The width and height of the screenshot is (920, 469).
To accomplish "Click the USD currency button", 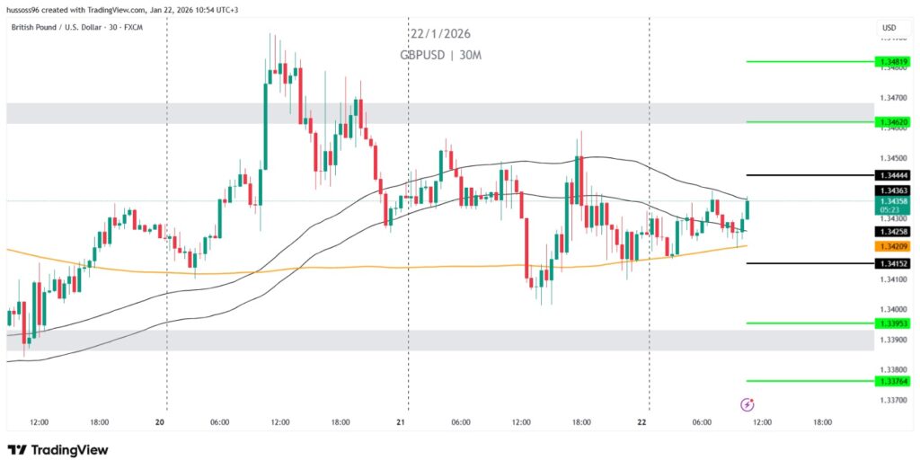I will (889, 29).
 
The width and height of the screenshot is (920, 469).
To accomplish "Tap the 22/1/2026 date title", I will (440, 34).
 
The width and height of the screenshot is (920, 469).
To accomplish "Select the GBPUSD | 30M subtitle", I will (440, 55).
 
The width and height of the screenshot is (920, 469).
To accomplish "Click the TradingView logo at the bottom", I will (57, 449).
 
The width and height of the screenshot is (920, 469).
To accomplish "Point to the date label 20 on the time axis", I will (161, 421).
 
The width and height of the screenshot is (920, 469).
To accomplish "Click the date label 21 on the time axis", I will (402, 421).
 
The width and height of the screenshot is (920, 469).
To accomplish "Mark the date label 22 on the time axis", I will (642, 421).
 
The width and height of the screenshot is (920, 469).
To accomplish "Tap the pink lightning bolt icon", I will (747, 405).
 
